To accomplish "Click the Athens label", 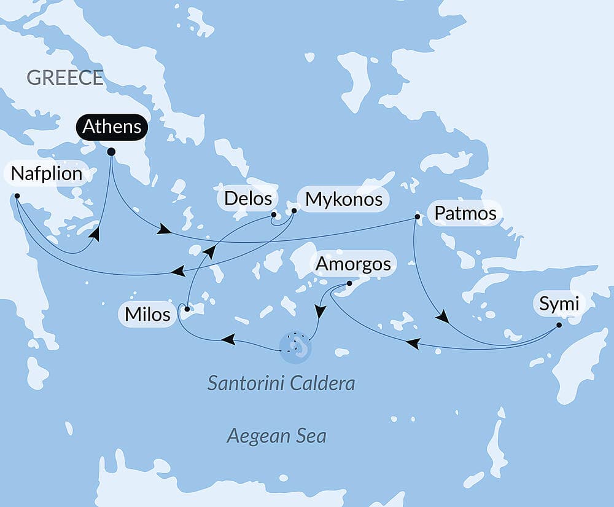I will click(112, 127).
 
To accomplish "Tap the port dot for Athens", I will click(111, 151).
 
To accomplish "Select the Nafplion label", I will click(47, 174).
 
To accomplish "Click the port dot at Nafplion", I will click(17, 196).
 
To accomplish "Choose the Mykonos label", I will click(344, 199).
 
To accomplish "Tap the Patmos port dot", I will click(418, 216).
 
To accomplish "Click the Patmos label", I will click(465, 214).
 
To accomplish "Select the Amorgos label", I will click(353, 264).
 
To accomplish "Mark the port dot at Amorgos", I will click(349, 283).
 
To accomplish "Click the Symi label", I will click(559, 303).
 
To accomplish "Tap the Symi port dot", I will click(559, 324).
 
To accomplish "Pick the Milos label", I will click(147, 315).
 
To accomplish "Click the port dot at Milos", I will click(187, 309).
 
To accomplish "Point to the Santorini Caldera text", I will click(281, 384).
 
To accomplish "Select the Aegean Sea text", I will click(276, 436).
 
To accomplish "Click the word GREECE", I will click(64, 78).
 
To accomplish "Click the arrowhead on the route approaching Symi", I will click(442, 318).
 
